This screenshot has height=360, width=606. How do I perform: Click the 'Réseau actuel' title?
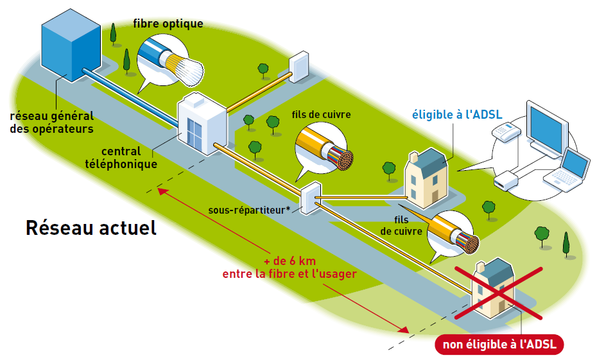pos(91,228)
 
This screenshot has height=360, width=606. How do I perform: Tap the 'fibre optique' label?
pos(168,24)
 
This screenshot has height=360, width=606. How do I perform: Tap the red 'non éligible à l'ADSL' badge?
pos(500,345)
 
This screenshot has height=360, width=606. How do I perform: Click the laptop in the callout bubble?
pos(572,168)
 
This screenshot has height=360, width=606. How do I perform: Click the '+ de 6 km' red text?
pos(289,262)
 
